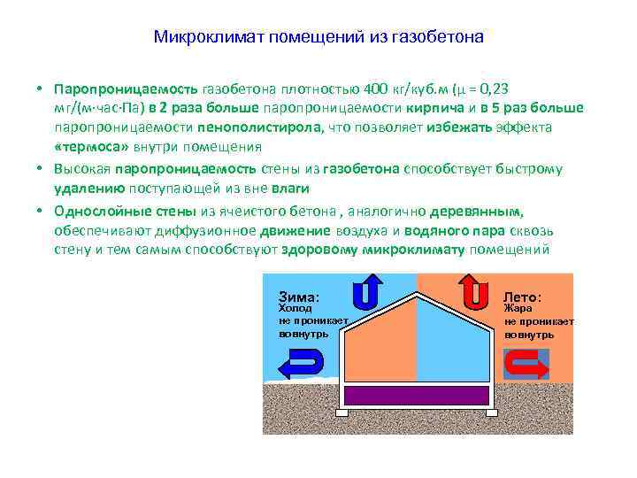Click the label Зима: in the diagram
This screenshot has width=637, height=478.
point(299,297)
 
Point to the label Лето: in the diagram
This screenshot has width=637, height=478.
point(523,297)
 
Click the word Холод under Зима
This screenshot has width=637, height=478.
point(295,309)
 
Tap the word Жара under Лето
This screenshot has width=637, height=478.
point(518,309)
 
